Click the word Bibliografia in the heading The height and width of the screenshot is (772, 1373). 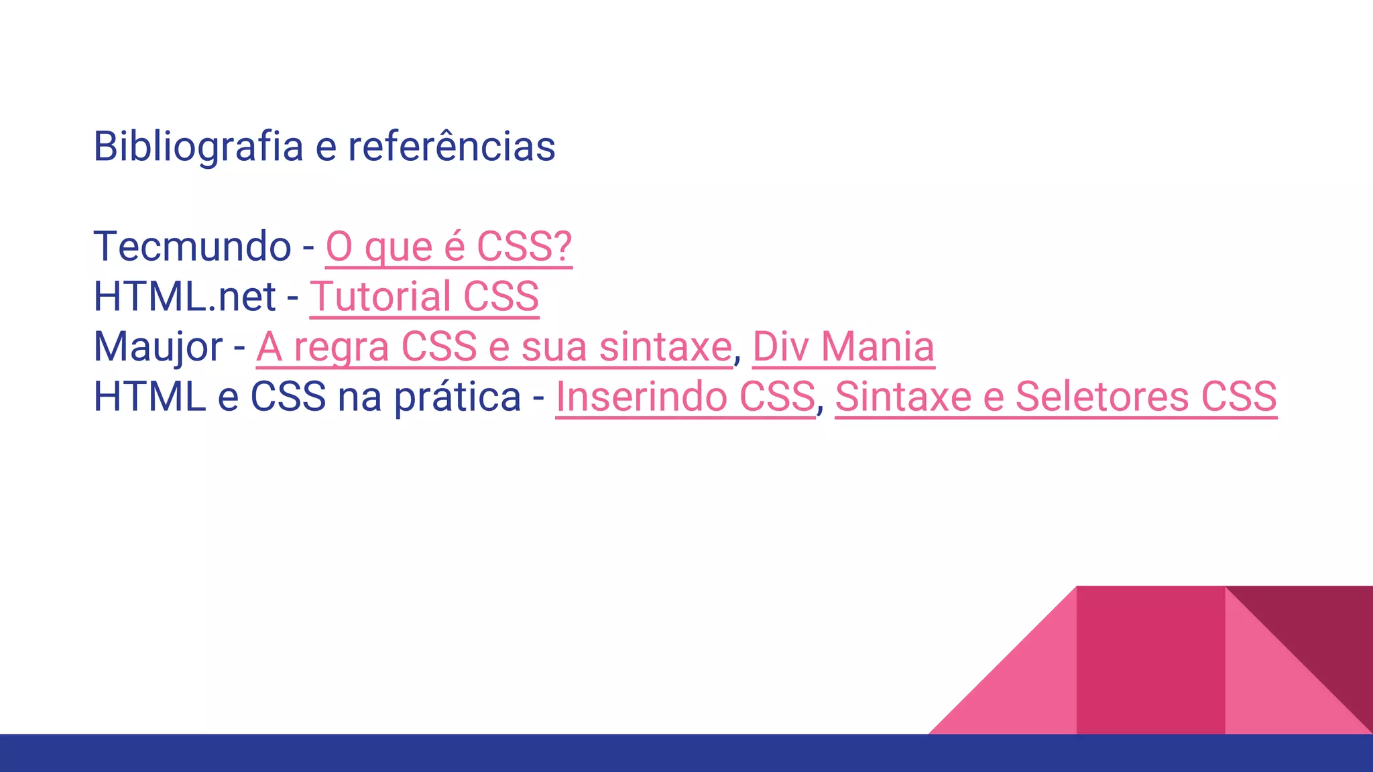click(x=198, y=146)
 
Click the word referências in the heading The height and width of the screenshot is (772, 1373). click(x=451, y=146)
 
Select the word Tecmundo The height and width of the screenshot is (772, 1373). click(x=192, y=246)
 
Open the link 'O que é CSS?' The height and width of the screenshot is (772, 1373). click(x=449, y=246)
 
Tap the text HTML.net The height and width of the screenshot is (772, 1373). click(x=184, y=296)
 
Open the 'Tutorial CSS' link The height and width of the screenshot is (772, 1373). click(x=424, y=296)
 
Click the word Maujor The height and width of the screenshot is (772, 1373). click(x=158, y=346)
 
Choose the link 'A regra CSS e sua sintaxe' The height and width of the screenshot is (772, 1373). click(x=494, y=346)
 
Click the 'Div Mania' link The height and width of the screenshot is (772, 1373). click(x=843, y=346)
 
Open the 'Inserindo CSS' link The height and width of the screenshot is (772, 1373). click(x=685, y=396)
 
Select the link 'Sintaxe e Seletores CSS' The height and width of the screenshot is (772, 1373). click(x=1056, y=396)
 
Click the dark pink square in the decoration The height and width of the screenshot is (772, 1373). click(x=1150, y=660)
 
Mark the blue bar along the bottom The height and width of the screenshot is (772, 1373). click(x=686, y=753)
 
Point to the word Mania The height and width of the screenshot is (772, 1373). click(x=878, y=346)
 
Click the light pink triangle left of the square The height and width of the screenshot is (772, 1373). click(x=1026, y=690)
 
